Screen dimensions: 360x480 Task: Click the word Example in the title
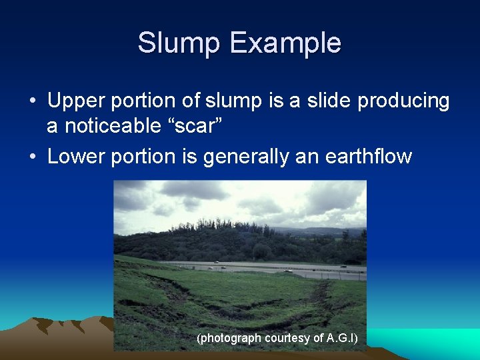(x=286, y=43)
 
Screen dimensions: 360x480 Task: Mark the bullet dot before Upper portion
(x=32, y=102)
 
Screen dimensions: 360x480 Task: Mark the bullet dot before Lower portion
(x=32, y=157)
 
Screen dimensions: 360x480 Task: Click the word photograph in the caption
(x=229, y=339)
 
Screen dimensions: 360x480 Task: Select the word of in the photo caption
(x=318, y=339)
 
